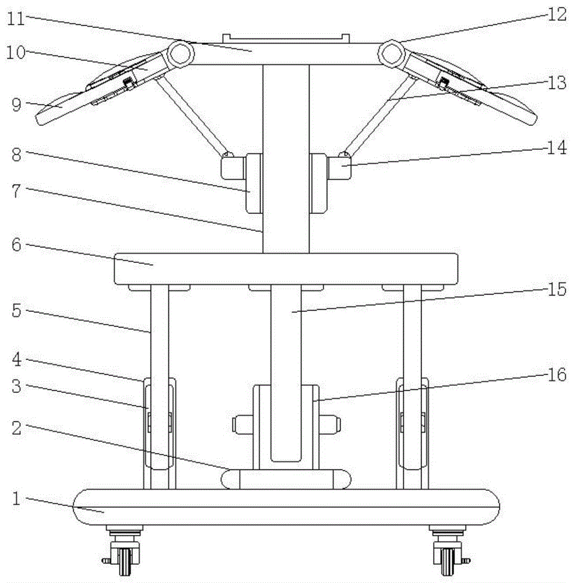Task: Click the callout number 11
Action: pos(16,19)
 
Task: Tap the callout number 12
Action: pos(557,15)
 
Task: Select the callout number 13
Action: pos(557,83)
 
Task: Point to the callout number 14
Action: pos(557,147)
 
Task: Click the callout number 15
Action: pos(557,289)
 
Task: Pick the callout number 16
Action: pos(557,374)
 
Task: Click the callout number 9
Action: pos(16,105)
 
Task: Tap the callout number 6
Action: pos(16,245)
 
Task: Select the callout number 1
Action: pos(16,498)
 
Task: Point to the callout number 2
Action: pos(16,429)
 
